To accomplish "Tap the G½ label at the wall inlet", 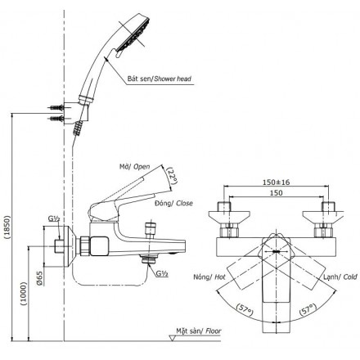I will click(x=53, y=219).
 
